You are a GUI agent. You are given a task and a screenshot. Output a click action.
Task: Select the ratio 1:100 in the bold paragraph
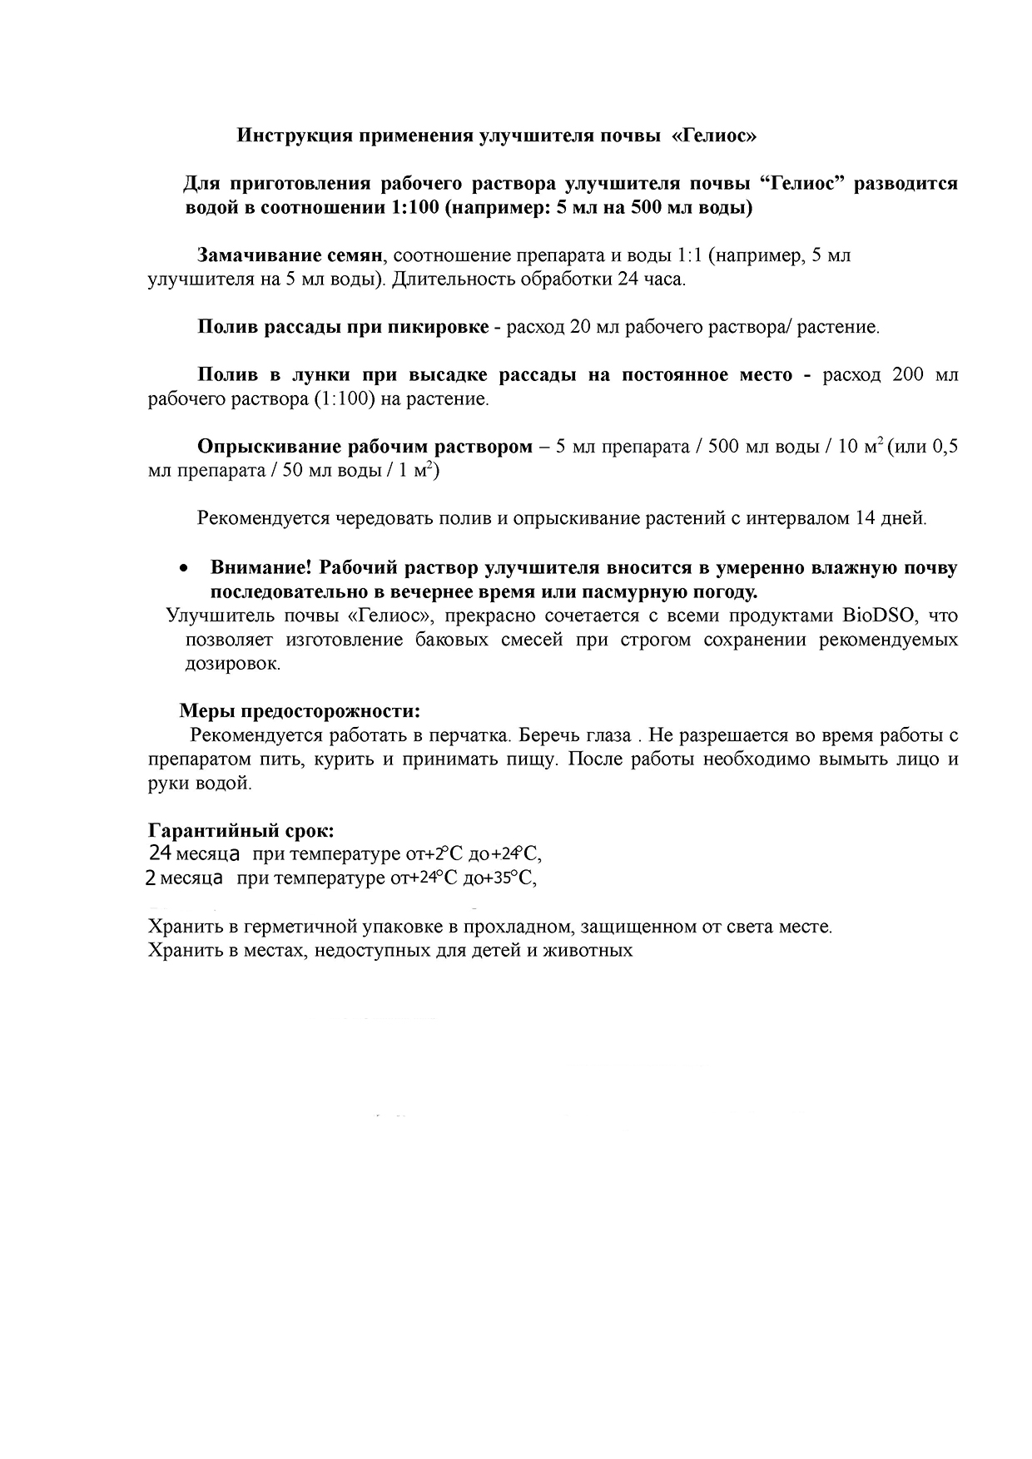414,208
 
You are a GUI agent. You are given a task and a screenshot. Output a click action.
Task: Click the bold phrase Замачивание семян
289,255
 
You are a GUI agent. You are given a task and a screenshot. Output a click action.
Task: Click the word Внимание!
260,568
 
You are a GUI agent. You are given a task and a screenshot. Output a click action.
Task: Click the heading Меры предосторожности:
300,712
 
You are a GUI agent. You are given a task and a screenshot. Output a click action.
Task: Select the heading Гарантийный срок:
241,831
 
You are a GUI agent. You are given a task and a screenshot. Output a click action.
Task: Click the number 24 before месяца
161,854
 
